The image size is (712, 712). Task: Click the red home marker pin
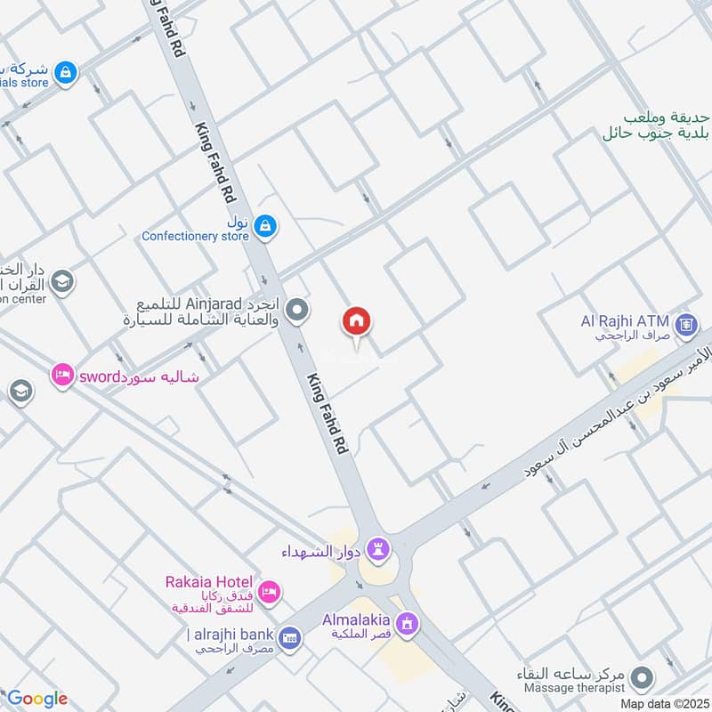tap(357, 321)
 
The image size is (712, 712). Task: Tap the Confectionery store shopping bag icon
tap(264, 227)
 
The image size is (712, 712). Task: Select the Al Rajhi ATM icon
tap(685, 324)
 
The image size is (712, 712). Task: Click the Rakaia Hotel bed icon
tap(271, 590)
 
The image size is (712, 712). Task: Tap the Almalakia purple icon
tap(408, 624)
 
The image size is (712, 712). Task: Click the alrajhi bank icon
tap(288, 637)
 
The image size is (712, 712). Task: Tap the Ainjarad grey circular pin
tap(300, 311)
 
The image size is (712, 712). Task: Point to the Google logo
tap(36, 699)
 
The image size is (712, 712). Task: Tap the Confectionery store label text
tap(195, 236)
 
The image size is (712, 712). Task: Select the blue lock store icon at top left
tap(64, 74)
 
